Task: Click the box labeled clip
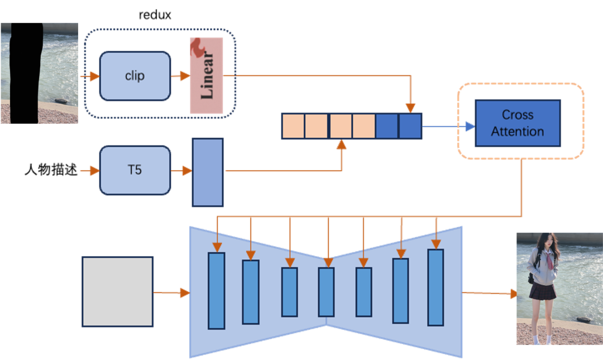[135, 76]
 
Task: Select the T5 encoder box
[135, 170]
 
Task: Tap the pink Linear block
[206, 75]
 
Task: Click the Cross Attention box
[518, 123]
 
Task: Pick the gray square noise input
[117, 291]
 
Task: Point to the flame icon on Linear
[197, 48]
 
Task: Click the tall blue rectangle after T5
[208, 172]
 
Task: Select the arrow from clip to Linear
[180, 76]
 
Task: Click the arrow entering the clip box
[89, 76]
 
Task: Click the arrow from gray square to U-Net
[171, 292]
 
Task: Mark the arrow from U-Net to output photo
[490, 293]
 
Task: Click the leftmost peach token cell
[293, 126]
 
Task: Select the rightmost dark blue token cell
[410, 126]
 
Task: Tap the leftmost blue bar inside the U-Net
[216, 290]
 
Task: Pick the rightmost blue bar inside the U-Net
[435, 287]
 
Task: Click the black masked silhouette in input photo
[25, 73]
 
